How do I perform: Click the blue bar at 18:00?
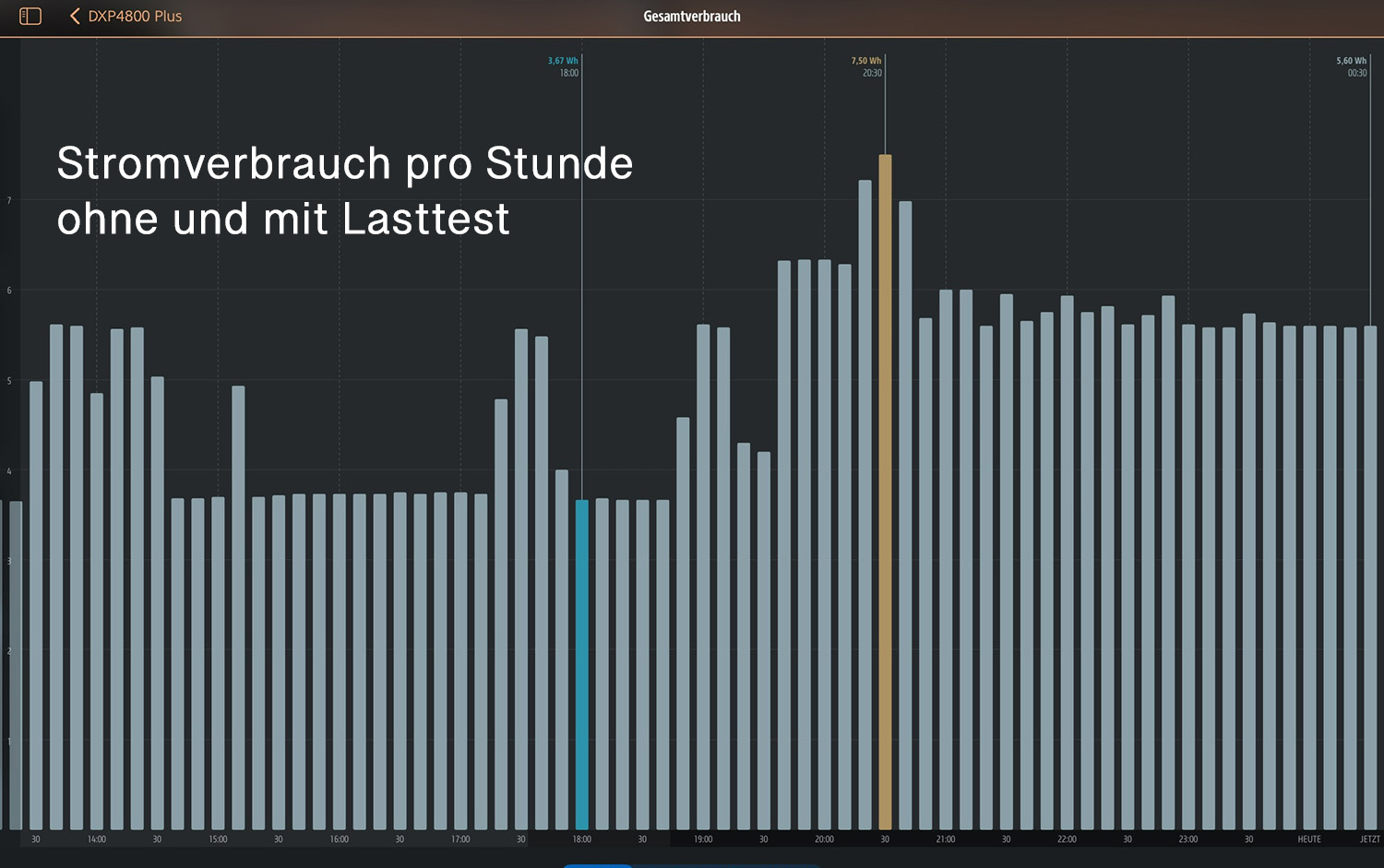pos(581,664)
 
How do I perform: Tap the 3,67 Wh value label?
pos(563,61)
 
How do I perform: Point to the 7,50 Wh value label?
pos(865,61)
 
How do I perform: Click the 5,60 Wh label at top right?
pos(1351,61)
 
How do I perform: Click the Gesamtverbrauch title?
pos(692,17)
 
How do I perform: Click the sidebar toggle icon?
pos(30,17)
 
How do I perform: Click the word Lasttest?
pos(425,220)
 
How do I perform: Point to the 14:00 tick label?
pos(97,839)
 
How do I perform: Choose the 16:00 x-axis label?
pos(340,839)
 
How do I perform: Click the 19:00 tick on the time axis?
pos(703,839)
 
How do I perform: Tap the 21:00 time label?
pos(946,839)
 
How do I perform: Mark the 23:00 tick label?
pos(1188,839)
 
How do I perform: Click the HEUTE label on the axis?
pos(1309,839)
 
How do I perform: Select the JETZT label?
pos(1369,839)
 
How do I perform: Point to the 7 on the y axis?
pos(9,200)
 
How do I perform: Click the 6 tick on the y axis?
pos(9,291)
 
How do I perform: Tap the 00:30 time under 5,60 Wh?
pos(1356,73)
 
